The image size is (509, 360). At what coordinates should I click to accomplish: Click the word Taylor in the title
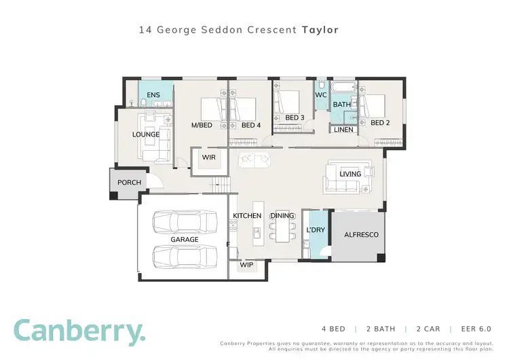click(x=320, y=30)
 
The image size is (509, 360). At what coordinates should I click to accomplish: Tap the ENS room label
click(x=154, y=94)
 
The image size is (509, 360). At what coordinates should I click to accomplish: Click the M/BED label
click(x=203, y=125)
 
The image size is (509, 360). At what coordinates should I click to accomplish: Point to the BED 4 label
click(x=250, y=125)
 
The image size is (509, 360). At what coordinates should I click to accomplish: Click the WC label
click(x=321, y=95)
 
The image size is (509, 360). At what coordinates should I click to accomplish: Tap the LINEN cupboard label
click(x=343, y=129)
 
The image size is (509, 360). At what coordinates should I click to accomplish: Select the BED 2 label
click(x=379, y=123)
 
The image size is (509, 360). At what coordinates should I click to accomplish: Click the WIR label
click(x=208, y=158)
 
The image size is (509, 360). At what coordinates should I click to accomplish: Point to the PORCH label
click(x=129, y=183)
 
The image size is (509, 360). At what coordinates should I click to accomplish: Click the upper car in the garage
click(x=182, y=222)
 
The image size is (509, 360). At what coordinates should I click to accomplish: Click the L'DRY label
click(x=316, y=230)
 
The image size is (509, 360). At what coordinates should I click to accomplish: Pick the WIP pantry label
click(x=246, y=266)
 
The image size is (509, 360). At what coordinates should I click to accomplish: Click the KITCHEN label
click(x=247, y=216)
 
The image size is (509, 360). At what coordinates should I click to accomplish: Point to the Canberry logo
click(x=79, y=331)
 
